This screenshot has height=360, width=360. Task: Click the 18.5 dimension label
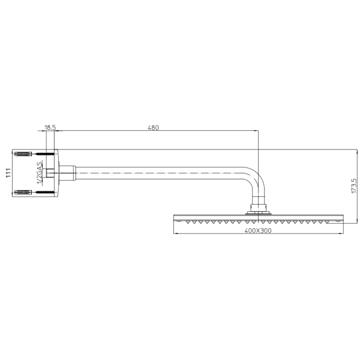50,127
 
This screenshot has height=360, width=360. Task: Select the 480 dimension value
153,128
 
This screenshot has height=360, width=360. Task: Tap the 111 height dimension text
8,173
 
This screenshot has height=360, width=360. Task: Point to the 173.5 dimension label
354,186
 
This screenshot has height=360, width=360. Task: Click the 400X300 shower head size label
258,230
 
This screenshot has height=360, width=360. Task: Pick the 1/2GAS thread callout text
40,173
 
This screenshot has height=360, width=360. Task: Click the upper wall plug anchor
23,154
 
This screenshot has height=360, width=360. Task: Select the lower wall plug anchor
23,192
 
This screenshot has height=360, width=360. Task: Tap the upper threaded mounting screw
44,154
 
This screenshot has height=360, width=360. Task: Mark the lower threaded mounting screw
44,192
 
